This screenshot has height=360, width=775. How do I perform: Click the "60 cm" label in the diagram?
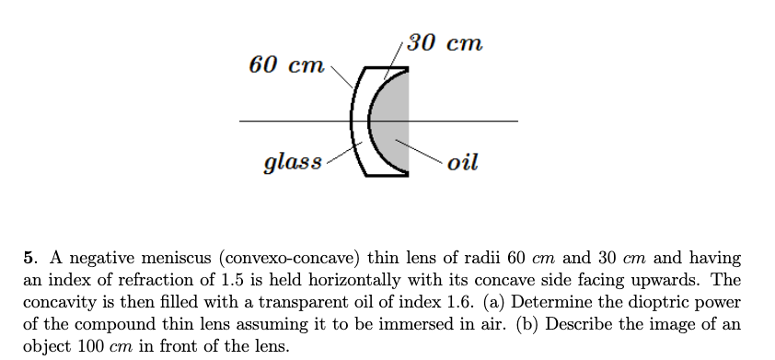tap(286, 65)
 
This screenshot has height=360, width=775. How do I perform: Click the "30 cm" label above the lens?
tap(445, 43)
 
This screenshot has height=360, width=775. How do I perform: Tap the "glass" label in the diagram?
tap(293, 163)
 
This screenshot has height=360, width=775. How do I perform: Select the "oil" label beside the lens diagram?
tap(462, 163)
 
